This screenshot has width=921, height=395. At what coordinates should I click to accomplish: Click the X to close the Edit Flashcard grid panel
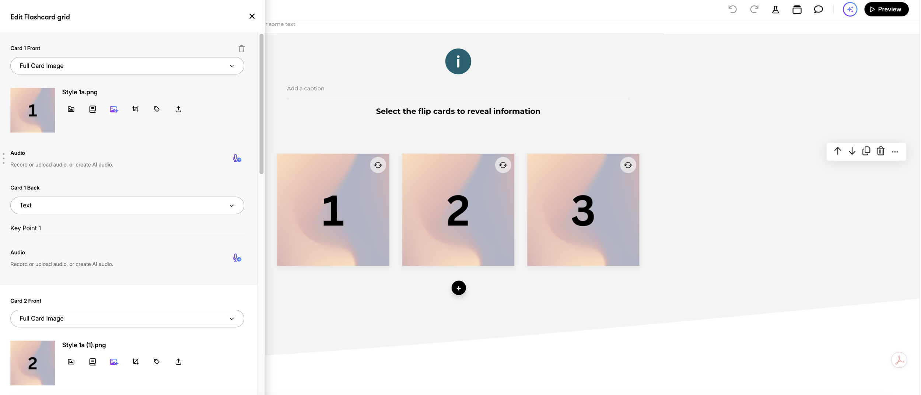click(252, 16)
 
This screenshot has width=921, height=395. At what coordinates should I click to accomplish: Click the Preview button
click(886, 9)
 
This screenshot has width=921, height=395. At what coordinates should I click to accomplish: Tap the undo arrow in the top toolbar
click(732, 9)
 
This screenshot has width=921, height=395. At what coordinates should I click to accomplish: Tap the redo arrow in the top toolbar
click(754, 9)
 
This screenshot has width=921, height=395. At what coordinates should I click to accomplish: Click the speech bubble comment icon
click(818, 9)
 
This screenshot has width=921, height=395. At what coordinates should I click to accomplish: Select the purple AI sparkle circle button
click(850, 9)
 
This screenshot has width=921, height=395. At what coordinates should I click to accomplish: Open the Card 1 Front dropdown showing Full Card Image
click(127, 66)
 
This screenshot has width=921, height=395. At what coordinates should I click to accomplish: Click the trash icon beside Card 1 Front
click(241, 49)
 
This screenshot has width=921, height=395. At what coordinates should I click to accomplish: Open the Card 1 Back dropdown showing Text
click(127, 205)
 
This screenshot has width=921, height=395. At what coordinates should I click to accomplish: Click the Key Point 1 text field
click(127, 228)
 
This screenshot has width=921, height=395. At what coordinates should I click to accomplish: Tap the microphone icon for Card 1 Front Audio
click(237, 158)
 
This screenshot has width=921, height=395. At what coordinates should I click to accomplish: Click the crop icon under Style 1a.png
click(136, 109)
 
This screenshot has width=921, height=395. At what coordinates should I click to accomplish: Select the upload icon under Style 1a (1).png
click(178, 362)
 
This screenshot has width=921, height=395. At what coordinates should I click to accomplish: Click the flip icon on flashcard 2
click(503, 165)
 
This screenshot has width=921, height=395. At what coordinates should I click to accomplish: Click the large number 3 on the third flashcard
click(583, 211)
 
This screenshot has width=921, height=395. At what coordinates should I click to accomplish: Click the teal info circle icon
click(458, 61)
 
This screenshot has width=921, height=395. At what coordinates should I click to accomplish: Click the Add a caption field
click(458, 88)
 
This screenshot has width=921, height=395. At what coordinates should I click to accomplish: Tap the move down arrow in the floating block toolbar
click(852, 151)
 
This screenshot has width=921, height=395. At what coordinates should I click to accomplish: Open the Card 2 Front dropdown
click(127, 318)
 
